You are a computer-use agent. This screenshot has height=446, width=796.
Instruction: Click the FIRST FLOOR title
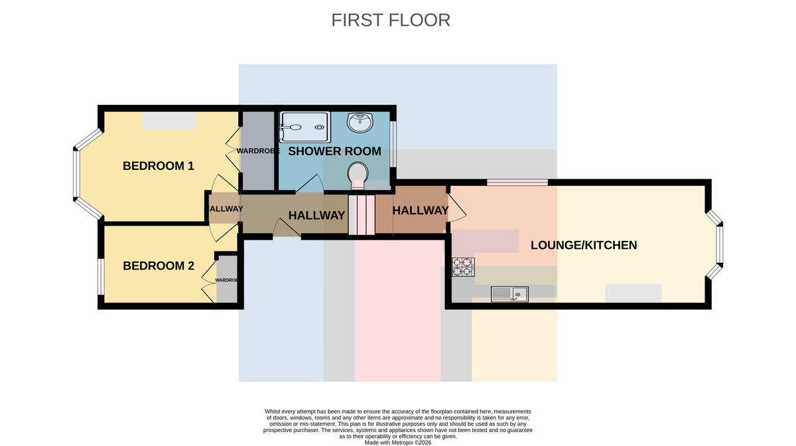(391, 21)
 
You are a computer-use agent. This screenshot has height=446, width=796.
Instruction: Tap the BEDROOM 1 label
(159, 166)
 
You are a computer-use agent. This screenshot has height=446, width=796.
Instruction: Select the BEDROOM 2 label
(159, 265)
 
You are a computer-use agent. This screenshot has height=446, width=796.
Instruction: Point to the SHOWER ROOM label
(334, 151)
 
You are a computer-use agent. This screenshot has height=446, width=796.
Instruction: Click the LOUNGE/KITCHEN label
(584, 245)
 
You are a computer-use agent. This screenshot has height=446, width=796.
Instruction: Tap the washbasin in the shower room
(360, 122)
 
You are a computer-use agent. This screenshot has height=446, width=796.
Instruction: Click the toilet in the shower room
(358, 176)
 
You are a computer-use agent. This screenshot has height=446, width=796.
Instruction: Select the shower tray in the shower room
(305, 127)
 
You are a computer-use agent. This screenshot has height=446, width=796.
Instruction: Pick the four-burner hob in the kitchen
(463, 267)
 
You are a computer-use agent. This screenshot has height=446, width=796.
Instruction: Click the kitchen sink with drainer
(509, 294)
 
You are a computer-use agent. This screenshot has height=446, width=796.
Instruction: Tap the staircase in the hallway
(362, 214)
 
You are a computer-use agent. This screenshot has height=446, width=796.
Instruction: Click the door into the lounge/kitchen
(457, 208)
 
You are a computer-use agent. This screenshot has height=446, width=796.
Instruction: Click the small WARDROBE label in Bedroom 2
(226, 280)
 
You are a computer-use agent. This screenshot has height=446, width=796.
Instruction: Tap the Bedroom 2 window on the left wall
(101, 277)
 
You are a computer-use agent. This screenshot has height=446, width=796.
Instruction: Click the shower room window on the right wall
(393, 144)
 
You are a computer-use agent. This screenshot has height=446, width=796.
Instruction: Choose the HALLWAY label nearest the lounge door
(420, 210)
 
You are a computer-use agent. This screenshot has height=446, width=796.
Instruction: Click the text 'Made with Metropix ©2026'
(397, 443)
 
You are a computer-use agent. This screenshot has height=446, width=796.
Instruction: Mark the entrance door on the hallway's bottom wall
(287, 228)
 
